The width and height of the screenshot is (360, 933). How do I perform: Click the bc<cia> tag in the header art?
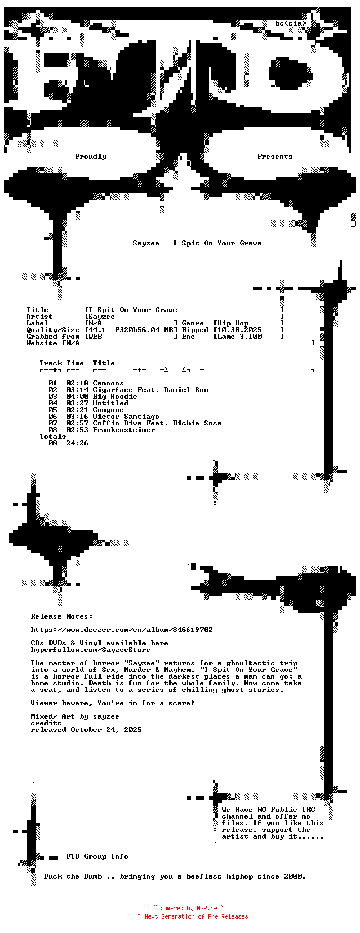click(x=291, y=23)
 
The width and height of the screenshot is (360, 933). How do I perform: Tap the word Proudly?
click(x=91, y=157)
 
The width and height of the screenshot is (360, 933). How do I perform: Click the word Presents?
click(x=275, y=157)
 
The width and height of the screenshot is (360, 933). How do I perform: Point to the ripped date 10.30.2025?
click(x=239, y=330)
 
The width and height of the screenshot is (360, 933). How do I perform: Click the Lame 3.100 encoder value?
click(x=239, y=337)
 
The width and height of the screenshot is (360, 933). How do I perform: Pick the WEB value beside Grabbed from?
click(x=96, y=337)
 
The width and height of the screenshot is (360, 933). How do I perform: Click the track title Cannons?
click(x=108, y=383)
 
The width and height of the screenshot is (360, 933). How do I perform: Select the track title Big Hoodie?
click(x=115, y=397)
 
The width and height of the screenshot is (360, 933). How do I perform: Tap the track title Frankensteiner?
click(x=124, y=430)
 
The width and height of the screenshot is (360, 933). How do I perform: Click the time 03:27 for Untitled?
click(x=78, y=403)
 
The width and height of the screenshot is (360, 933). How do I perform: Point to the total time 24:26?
click(x=78, y=443)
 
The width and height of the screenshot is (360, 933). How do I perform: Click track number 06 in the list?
click(x=53, y=417)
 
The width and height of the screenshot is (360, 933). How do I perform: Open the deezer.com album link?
click(x=122, y=630)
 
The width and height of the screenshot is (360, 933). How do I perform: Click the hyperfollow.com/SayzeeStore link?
click(x=91, y=650)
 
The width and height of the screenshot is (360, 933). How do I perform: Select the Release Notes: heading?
click(x=62, y=616)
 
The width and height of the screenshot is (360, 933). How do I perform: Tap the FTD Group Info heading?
click(x=98, y=856)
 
